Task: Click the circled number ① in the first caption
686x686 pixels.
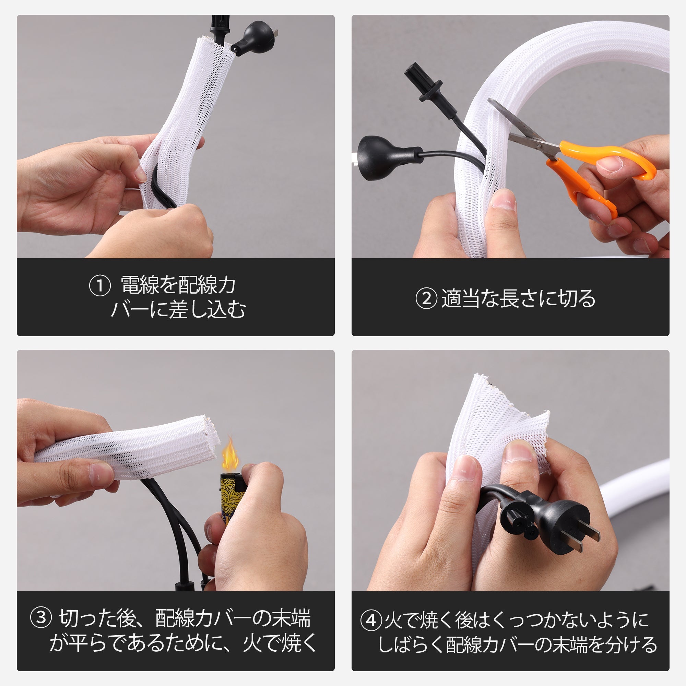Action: point(100,286)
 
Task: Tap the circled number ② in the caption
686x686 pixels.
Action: point(426,298)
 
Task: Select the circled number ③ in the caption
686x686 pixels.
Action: point(41,617)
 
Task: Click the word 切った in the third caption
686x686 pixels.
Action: point(87,618)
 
